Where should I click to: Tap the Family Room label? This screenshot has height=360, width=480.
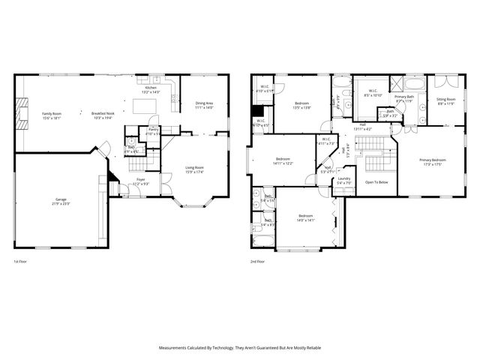pos(52,115)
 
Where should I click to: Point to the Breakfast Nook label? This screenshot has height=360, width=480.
pos(103,115)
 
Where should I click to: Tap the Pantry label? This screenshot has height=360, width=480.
pos(153,131)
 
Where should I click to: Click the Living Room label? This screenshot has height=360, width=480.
pos(194,172)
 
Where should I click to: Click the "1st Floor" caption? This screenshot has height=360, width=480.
pos(21,262)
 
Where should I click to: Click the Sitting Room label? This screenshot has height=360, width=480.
pos(445,101)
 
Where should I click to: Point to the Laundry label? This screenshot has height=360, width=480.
pos(344,181)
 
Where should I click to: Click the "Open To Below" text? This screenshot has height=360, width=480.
pos(376,182)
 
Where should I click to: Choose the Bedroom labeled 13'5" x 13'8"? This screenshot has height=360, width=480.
pos(302,105)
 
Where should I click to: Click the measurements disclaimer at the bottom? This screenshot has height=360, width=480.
pos(240,348)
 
